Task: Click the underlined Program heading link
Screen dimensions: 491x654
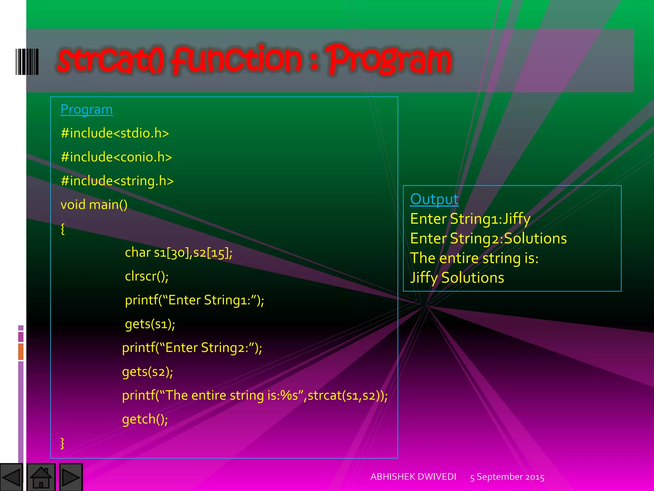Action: tap(87, 110)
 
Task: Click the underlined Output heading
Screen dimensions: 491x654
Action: tap(434, 199)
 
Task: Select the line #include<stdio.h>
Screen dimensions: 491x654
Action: tap(115, 133)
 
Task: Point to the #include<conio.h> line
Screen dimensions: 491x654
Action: tap(116, 157)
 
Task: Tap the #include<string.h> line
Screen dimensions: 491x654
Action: tap(117, 181)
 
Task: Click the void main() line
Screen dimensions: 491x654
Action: tap(94, 205)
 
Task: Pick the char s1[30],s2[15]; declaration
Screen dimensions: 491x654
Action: tap(179, 253)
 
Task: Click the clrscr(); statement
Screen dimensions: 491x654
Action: tap(147, 276)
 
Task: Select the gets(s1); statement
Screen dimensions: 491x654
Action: tap(150, 324)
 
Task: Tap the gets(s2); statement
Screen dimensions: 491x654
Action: tap(148, 372)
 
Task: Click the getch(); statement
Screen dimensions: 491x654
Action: tap(145, 419)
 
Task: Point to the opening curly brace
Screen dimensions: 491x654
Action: tap(63, 229)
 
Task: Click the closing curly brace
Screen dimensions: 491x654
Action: tap(63, 443)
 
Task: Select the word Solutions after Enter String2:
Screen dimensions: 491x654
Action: tap(535, 239)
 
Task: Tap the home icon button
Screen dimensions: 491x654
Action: tap(41, 477)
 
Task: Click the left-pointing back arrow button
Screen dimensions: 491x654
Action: tap(11, 477)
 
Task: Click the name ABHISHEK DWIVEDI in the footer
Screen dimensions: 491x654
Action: tap(413, 477)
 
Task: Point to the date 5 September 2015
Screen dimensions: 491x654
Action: tap(507, 477)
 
